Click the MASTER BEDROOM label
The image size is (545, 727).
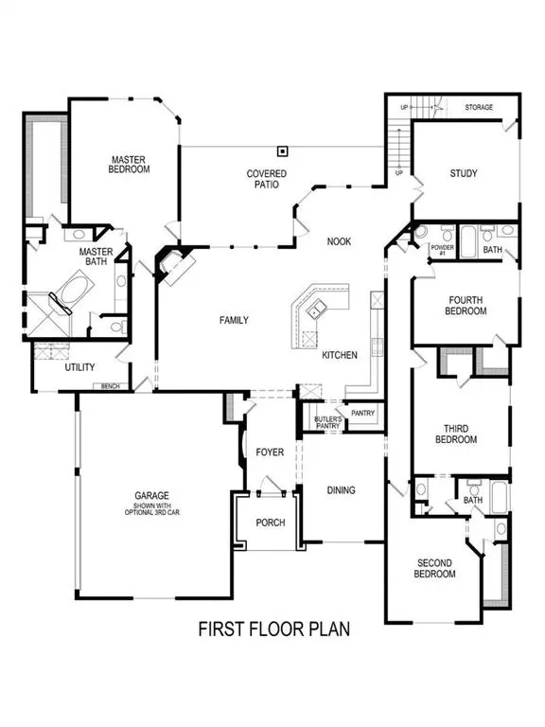127,165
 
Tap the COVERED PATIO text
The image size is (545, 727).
266,179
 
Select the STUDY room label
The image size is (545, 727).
464,173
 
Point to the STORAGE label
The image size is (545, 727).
479,108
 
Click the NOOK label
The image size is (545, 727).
339,241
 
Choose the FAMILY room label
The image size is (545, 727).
234,320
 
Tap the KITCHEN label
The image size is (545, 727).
339,355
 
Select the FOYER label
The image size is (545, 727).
270,452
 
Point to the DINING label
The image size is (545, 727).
341,489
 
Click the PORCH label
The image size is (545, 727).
269,523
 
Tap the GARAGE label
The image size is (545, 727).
151,494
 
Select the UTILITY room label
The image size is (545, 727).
79,367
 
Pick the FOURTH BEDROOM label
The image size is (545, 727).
466,305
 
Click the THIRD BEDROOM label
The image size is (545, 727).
456,434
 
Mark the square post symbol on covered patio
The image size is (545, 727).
282,151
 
